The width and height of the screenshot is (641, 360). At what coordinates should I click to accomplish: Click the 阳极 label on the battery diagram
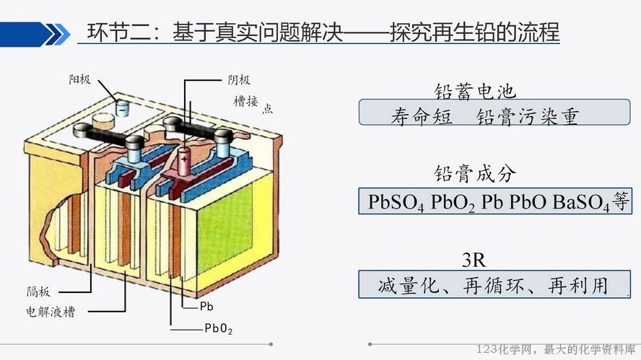click(x=79, y=79)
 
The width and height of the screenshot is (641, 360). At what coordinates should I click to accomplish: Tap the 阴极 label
click(x=239, y=79)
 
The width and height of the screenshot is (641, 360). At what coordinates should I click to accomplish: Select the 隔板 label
click(x=38, y=291)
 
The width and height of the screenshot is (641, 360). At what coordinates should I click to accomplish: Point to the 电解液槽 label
click(x=51, y=312)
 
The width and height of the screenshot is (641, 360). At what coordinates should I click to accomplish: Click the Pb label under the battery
click(x=206, y=307)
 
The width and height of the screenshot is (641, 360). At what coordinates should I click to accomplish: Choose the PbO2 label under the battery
click(x=219, y=328)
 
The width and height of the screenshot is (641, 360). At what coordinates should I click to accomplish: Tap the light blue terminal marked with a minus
click(x=122, y=108)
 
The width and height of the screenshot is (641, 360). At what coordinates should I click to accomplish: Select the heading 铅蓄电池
click(x=475, y=91)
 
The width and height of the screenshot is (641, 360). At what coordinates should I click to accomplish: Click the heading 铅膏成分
click(x=475, y=174)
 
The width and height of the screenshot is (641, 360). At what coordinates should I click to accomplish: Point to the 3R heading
click(x=474, y=260)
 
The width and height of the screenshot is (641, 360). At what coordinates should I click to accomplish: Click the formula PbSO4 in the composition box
click(x=396, y=202)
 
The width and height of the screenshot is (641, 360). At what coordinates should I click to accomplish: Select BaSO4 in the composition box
click(x=581, y=202)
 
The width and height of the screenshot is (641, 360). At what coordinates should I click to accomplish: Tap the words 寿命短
click(x=422, y=116)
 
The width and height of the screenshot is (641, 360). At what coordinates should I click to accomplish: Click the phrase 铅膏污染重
click(x=527, y=116)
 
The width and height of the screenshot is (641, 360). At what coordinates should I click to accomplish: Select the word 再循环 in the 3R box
click(x=494, y=285)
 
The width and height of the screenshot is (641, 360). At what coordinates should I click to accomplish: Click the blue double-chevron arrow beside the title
click(x=57, y=35)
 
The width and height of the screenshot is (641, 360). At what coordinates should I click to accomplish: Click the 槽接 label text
click(x=245, y=101)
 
